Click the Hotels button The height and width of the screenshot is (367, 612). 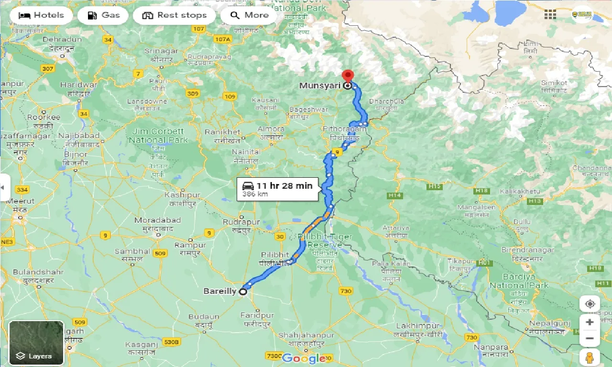(41, 15)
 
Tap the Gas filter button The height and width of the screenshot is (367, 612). (103, 15)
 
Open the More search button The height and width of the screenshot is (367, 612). (249, 15)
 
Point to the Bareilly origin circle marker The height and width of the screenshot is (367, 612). (243, 291)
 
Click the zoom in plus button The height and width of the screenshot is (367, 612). (590, 322)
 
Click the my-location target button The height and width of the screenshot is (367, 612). (590, 304)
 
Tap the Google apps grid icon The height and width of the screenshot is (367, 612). (550, 15)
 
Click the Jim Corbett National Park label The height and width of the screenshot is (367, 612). (158, 136)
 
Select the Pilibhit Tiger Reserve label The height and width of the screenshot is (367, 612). (325, 240)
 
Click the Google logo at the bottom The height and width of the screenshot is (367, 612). (303, 358)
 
